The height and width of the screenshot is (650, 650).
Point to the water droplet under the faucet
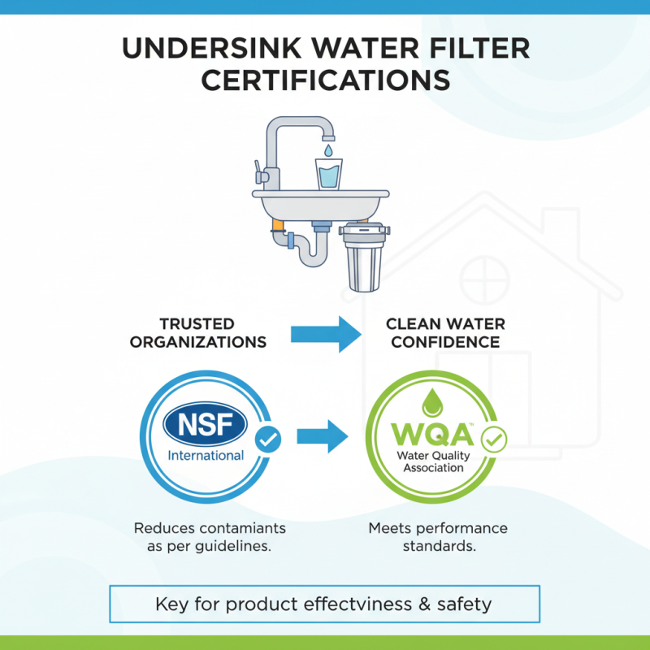327,151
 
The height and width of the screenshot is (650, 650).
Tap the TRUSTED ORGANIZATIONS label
198,332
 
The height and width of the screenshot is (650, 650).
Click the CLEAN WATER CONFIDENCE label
445,332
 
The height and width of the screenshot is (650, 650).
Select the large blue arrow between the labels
325,332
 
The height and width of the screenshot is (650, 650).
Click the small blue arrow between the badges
322,437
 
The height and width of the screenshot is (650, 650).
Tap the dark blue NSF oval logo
205,422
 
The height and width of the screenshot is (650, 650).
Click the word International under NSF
206,455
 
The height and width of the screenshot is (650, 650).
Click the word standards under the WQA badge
439,547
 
